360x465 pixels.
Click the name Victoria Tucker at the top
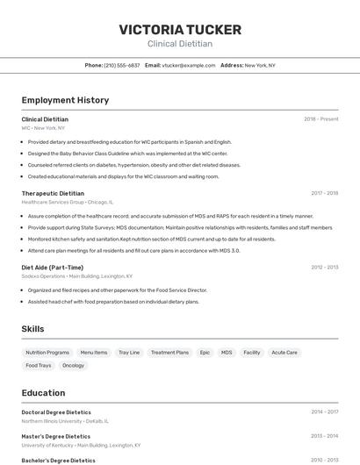pyautogui.click(x=180, y=30)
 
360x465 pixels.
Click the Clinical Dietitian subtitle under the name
pyautogui.click(x=180, y=44)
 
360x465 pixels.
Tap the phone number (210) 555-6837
pyautogui.click(x=122, y=65)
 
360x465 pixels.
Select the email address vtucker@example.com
pyautogui.click(x=188, y=65)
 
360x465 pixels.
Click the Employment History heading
pyautogui.click(x=65, y=100)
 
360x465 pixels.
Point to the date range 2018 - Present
pyautogui.click(x=321, y=118)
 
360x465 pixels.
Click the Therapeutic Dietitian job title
pyautogui.click(x=53, y=193)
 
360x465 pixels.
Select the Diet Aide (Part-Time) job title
pyautogui.click(x=53, y=267)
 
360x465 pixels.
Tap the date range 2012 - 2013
pyautogui.click(x=324, y=267)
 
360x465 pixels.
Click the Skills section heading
pyautogui.click(x=33, y=329)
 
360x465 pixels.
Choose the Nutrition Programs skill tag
pyautogui.click(x=47, y=353)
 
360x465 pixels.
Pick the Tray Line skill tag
pyautogui.click(x=129, y=353)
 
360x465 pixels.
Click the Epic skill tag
pyautogui.click(x=205, y=353)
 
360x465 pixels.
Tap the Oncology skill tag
pyautogui.click(x=73, y=365)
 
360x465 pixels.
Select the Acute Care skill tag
pyautogui.click(x=284, y=353)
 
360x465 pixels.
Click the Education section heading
pyautogui.click(x=43, y=393)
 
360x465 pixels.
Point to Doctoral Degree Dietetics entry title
pyautogui.click(x=56, y=411)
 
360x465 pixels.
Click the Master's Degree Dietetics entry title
pyautogui.click(x=56, y=436)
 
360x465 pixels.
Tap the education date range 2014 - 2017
pyautogui.click(x=324, y=411)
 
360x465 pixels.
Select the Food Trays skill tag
pyautogui.click(x=39, y=365)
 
